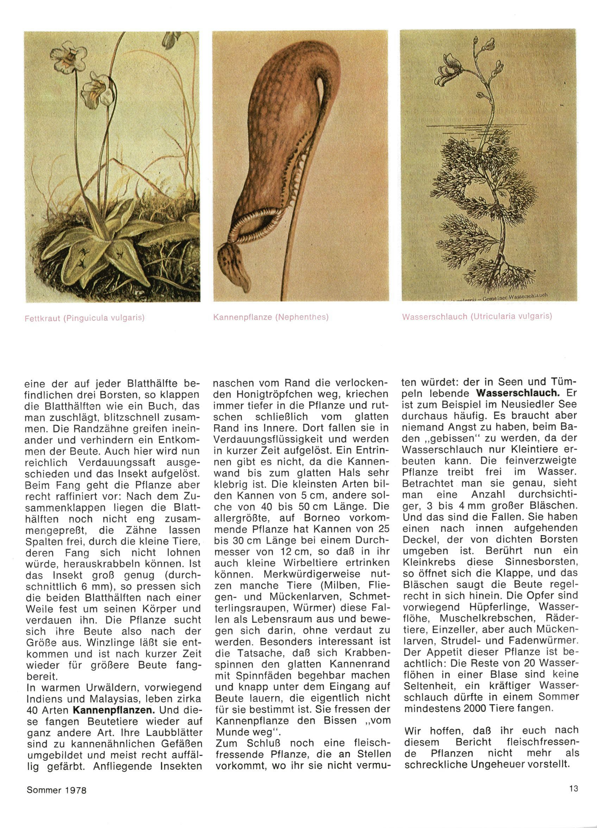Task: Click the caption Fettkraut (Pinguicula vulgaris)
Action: (84, 318)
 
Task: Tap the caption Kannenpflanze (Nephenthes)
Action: (271, 317)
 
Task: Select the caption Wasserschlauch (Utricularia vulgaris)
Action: (477, 316)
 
